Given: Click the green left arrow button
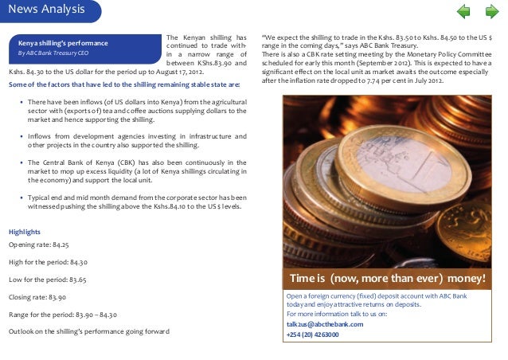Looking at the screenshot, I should tap(463, 11).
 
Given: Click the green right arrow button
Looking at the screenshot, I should tap(490, 11).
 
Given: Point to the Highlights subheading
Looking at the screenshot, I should tap(24, 232).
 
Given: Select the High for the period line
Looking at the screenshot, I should tap(48, 262).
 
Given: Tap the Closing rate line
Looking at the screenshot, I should tap(37, 297).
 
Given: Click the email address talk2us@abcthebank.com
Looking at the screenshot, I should tap(325, 324).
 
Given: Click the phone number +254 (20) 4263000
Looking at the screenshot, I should tap(312, 335).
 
